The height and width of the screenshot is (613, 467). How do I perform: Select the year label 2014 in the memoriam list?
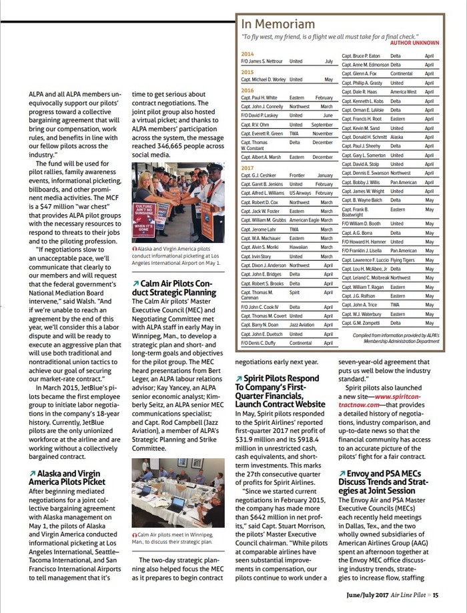[x=248, y=53]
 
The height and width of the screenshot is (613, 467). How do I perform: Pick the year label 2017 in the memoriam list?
[x=248, y=168]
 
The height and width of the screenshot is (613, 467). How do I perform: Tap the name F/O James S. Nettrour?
[x=262, y=61]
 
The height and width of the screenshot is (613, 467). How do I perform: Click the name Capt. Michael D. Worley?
[x=263, y=79]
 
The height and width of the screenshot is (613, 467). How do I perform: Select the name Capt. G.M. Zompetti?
[x=360, y=323]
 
